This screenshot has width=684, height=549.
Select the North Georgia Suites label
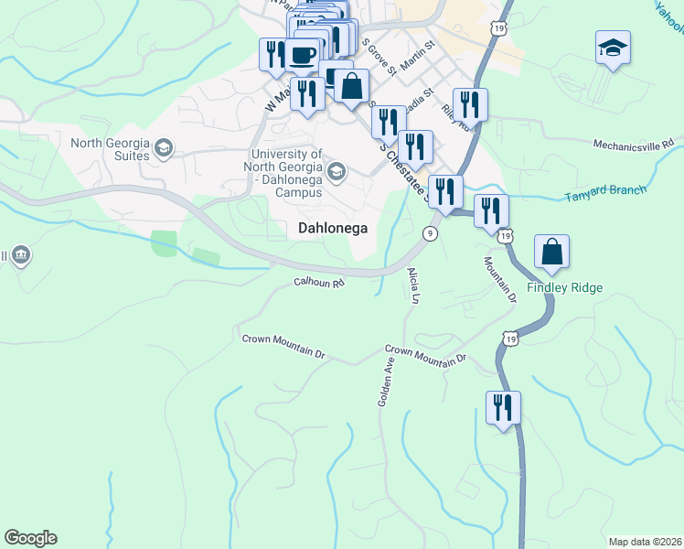tap(111, 149)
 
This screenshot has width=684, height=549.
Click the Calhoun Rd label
tap(319, 284)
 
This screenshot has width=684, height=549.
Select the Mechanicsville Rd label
tap(633, 144)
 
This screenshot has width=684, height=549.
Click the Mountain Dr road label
tap(500, 274)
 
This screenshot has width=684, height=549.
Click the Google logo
tap(31, 538)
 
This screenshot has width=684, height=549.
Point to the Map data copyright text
tap(645, 541)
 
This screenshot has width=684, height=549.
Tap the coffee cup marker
tap(303, 55)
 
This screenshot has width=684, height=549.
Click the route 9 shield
tap(429, 234)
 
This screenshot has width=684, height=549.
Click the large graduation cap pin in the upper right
tap(612, 48)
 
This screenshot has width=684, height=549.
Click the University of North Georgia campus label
tap(283, 174)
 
